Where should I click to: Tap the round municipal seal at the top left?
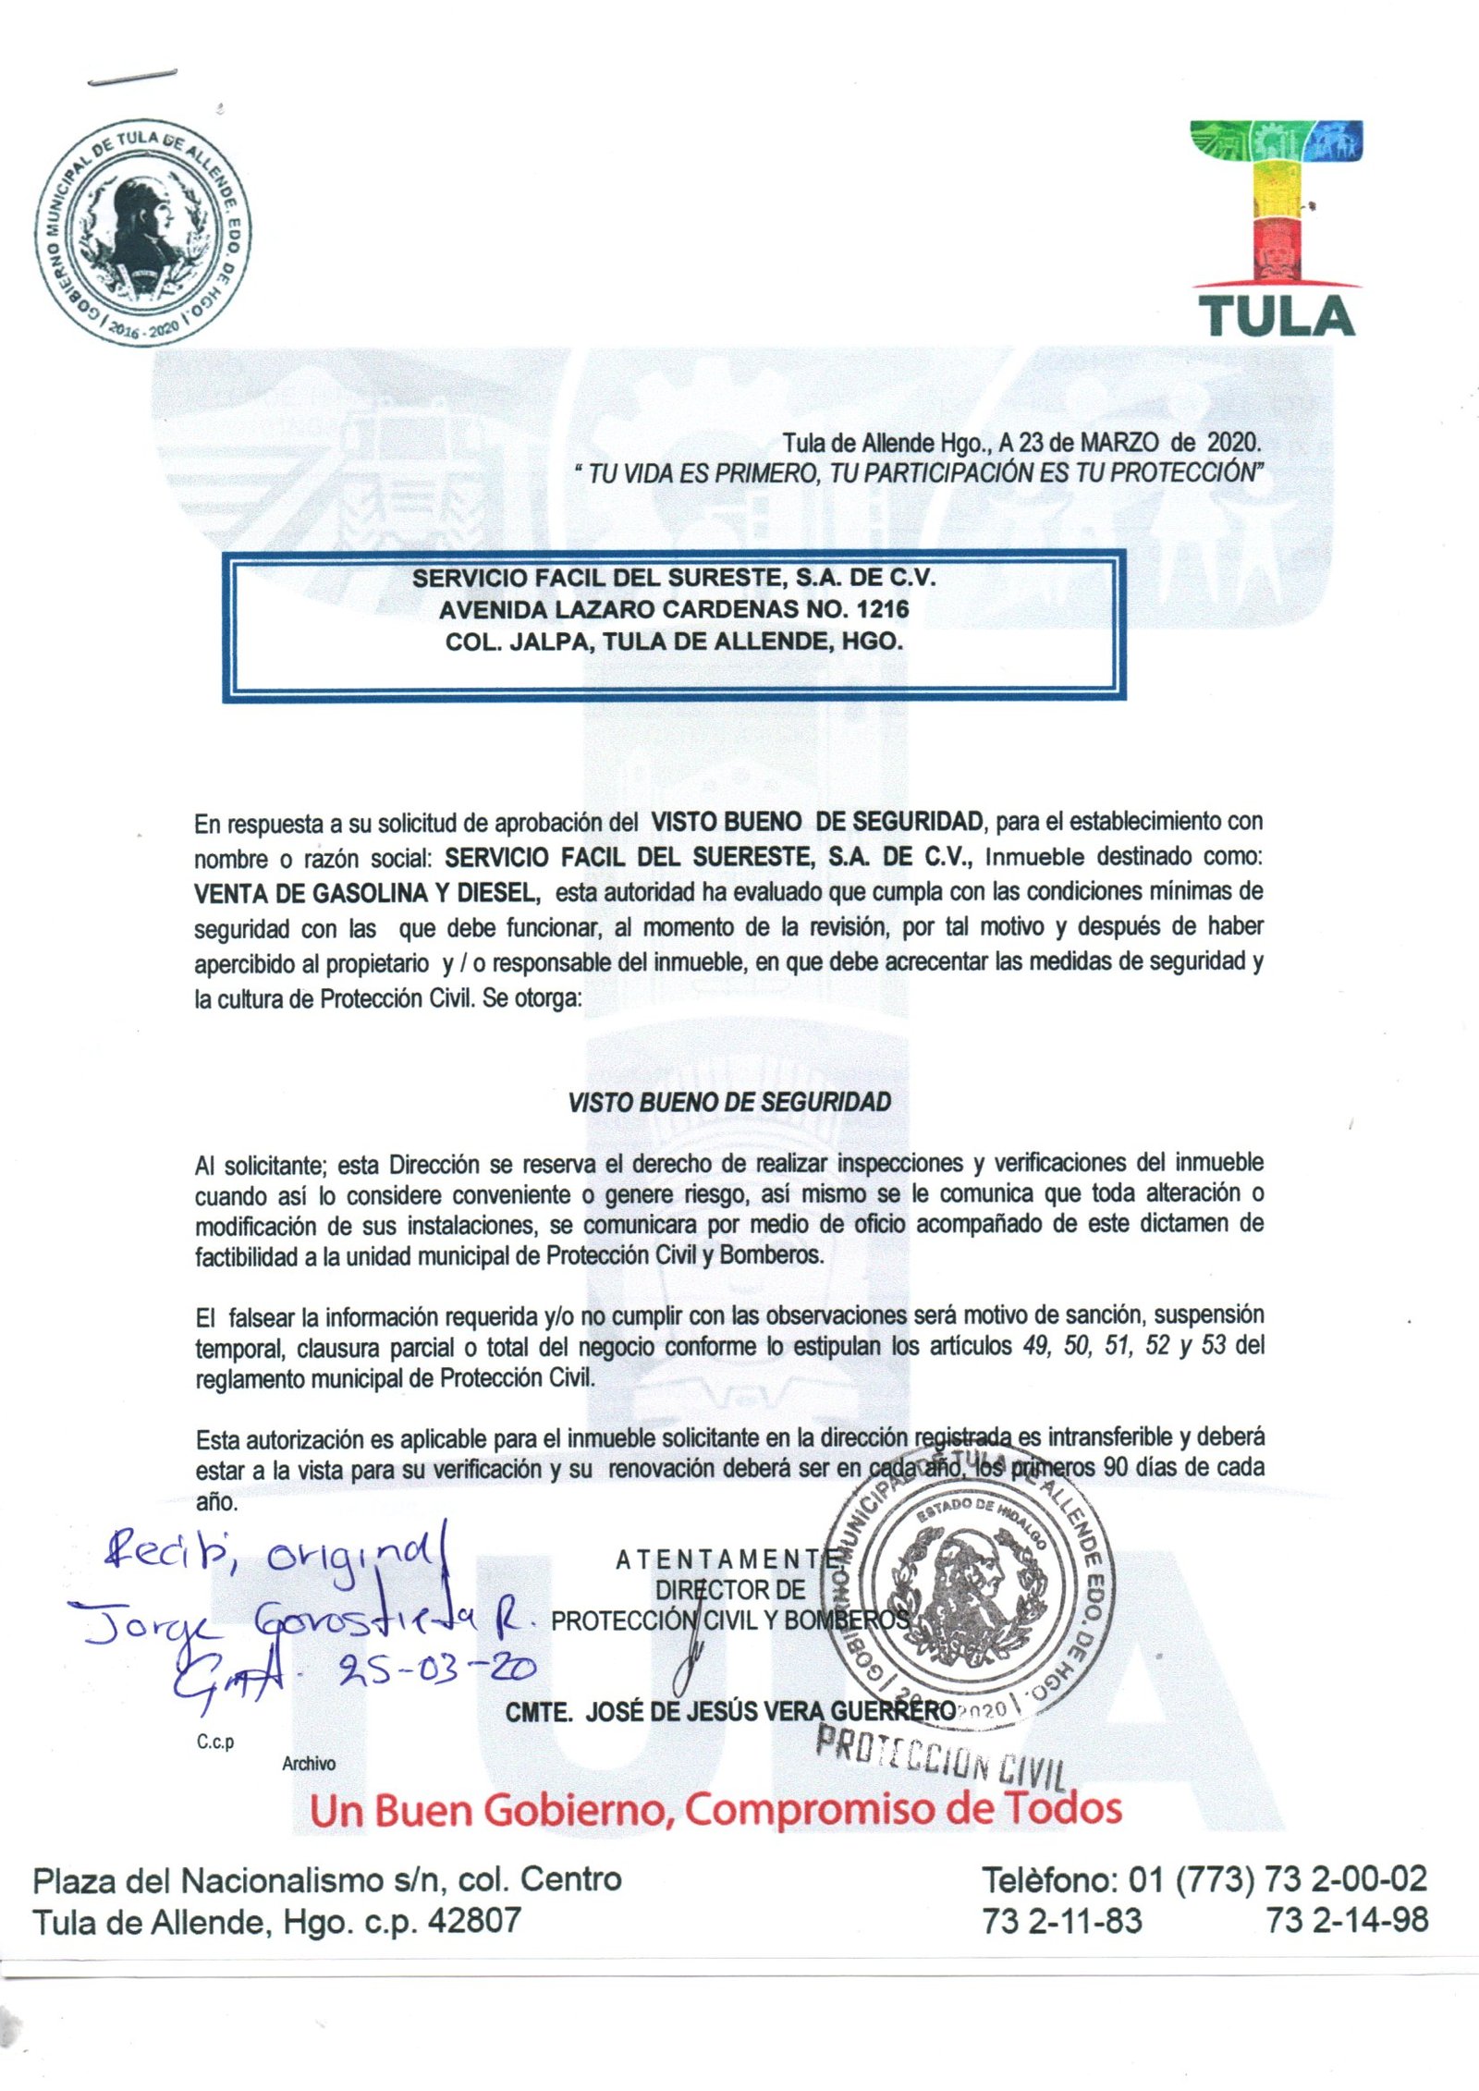[x=143, y=233]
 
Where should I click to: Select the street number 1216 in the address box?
[x=883, y=609]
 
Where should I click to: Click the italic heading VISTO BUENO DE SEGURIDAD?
[x=729, y=1102]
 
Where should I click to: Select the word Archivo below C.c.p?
[x=309, y=1764]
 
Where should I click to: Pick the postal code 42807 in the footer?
[x=473, y=1921]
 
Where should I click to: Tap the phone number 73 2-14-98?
[x=1348, y=1921]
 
